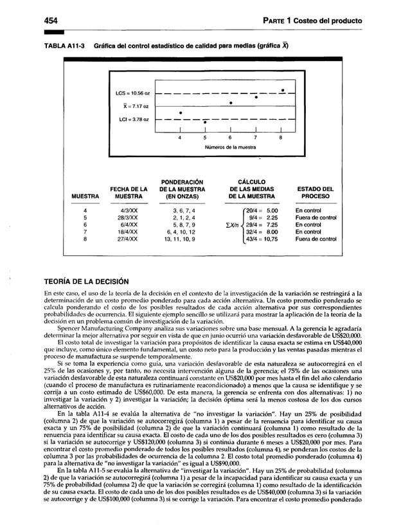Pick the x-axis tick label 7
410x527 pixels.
coord(255,137)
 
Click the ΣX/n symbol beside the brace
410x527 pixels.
coord(227,225)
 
